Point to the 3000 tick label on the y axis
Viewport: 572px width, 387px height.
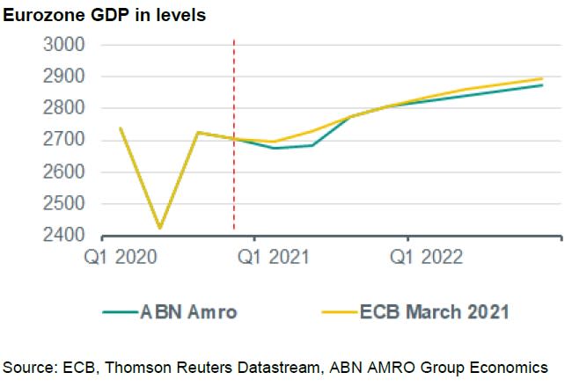pyautogui.click(x=63, y=45)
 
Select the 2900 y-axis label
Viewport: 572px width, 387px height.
pyautogui.click(x=63, y=77)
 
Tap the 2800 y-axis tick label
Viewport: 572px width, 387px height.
pyautogui.click(x=63, y=108)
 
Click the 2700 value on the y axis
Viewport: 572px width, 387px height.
pyautogui.click(x=63, y=140)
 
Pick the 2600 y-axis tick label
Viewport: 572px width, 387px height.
pyautogui.click(x=63, y=172)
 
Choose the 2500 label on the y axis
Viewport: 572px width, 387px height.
pyautogui.click(x=63, y=204)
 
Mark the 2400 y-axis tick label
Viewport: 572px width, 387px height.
pyautogui.click(x=63, y=236)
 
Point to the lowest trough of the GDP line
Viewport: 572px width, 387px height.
pyautogui.click(x=159, y=229)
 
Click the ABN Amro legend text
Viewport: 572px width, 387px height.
pyautogui.click(x=188, y=311)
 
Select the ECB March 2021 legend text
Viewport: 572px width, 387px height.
pyautogui.click(x=435, y=311)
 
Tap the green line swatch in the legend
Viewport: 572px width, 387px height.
pyautogui.click(x=120, y=312)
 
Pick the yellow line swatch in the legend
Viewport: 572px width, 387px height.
pyautogui.click(x=339, y=312)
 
